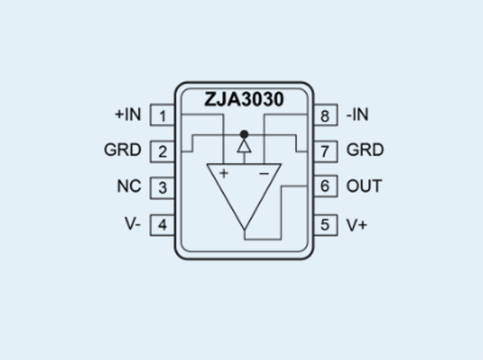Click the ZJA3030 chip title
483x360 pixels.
[243, 99]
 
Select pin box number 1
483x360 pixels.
[162, 115]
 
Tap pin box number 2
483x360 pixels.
[162, 151]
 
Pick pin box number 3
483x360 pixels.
[162, 188]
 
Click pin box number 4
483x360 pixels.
[162, 225]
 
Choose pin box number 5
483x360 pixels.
[326, 225]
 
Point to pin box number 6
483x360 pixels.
[326, 186]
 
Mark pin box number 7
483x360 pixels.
[326, 151]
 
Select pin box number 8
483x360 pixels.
[326, 115]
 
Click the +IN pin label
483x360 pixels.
[128, 114]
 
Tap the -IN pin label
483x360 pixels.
[357, 114]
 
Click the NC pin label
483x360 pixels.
[129, 186]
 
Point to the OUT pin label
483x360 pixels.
[364, 186]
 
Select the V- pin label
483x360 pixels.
[133, 224]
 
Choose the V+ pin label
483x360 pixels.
[357, 225]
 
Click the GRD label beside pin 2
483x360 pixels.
[122, 150]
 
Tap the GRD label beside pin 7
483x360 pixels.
[365, 150]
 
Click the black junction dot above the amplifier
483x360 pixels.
[244, 135]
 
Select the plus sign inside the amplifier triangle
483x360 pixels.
[224, 174]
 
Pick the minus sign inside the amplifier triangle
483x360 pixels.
[264, 174]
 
